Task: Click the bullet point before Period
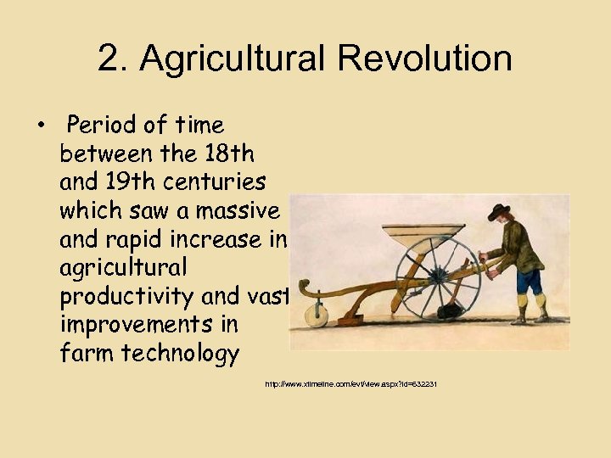(x=40, y=127)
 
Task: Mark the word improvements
(x=149, y=324)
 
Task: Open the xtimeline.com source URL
(x=350, y=384)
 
